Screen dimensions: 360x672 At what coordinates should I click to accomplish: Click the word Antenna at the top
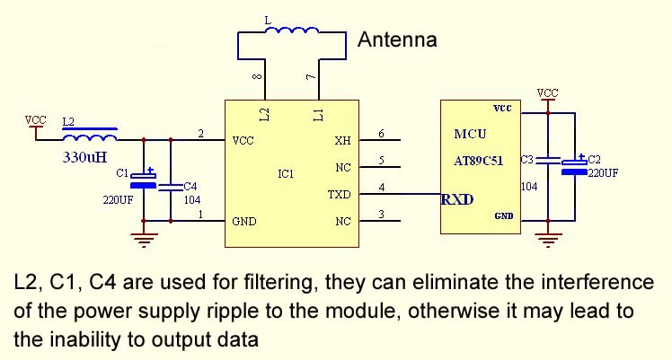[x=397, y=40]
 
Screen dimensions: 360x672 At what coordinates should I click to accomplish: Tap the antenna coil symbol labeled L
[x=292, y=32]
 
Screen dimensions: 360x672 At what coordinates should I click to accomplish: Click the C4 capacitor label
[x=190, y=187]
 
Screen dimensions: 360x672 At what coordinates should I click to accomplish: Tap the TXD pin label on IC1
[x=340, y=194]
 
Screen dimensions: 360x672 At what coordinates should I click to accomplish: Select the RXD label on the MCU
[x=457, y=198]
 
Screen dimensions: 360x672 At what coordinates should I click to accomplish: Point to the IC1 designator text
[x=286, y=173]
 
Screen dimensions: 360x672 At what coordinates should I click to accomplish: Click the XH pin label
[x=342, y=141]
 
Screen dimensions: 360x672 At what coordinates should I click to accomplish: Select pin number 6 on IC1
[x=382, y=135]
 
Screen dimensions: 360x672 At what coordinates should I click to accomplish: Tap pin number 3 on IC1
[x=382, y=214]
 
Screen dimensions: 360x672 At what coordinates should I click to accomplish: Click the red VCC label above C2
[x=547, y=92]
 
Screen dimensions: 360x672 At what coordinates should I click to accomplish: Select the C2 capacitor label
[x=594, y=160]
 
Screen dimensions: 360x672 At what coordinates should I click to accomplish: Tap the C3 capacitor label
[x=528, y=160]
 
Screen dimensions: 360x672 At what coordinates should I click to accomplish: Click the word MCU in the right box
[x=469, y=135]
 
